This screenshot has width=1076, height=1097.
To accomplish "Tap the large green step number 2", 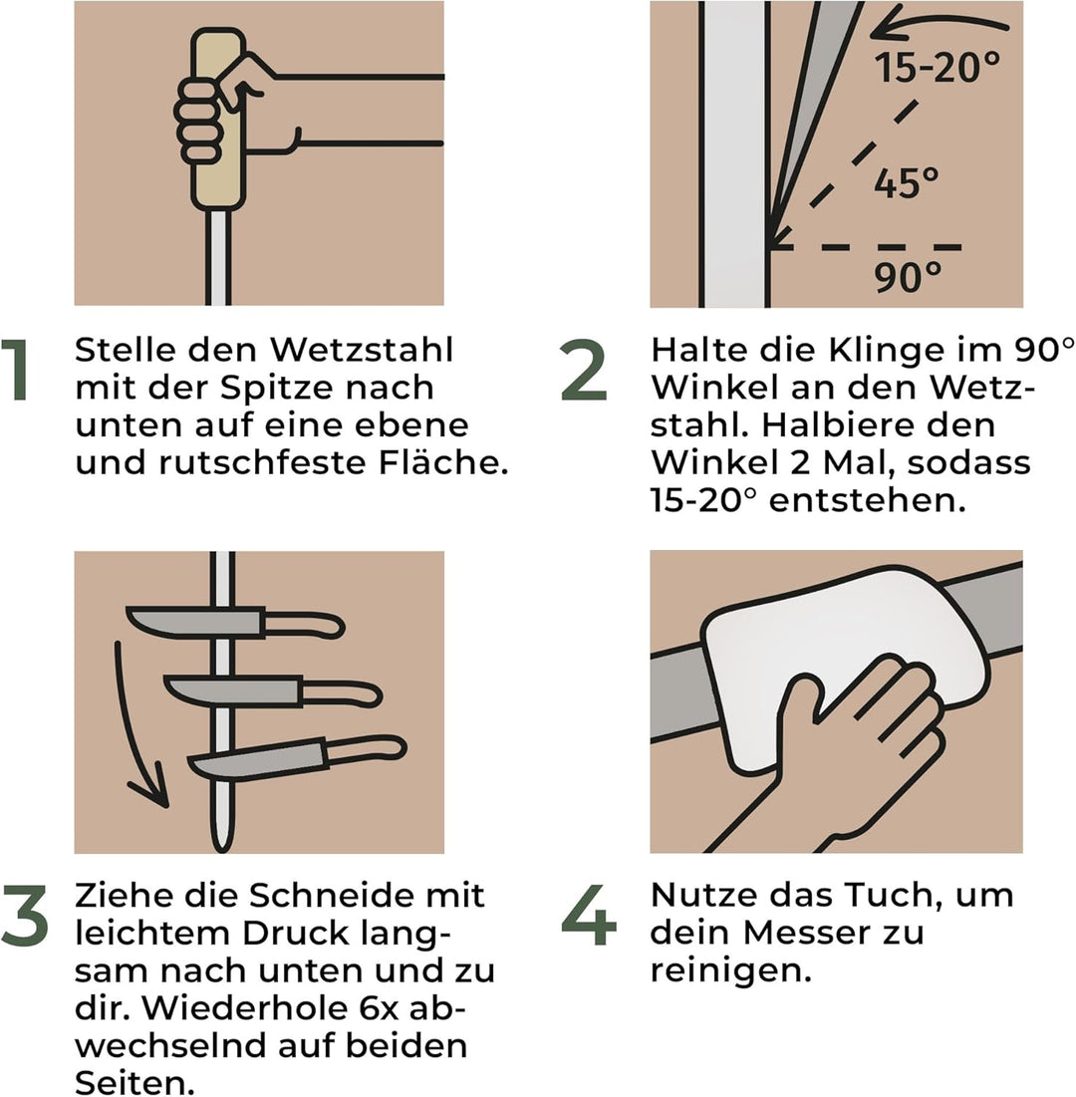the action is tap(584, 370).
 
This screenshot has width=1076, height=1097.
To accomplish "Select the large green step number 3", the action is tap(25, 916).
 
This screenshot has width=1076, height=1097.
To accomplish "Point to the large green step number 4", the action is tap(589, 916).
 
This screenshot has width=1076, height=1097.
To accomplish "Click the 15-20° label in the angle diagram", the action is tap(938, 68).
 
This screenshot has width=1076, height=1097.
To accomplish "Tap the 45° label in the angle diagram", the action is tap(907, 183).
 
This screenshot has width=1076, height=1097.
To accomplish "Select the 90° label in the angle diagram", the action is tap(908, 277).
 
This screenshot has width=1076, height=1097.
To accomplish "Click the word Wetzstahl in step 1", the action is tap(363, 350).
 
